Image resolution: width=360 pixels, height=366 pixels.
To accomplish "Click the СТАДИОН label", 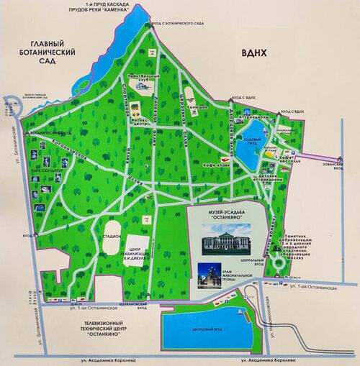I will (x=111, y=234).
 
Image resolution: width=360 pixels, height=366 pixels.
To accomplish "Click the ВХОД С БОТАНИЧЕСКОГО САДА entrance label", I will (x=177, y=24).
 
